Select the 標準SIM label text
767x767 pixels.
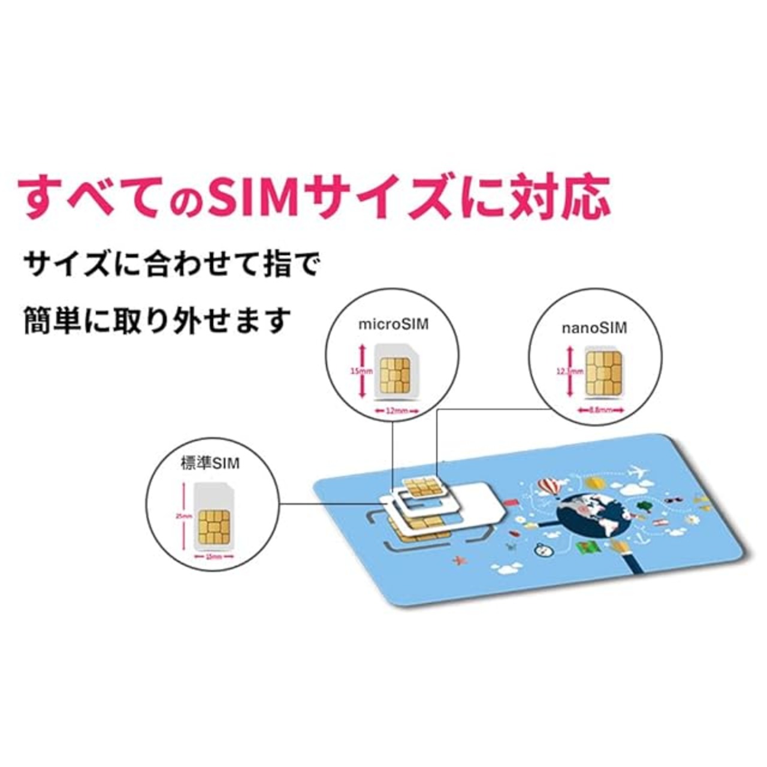click(206, 463)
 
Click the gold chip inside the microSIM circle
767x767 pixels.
click(393, 375)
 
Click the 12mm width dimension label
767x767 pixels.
click(396, 411)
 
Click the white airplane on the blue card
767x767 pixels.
click(639, 472)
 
